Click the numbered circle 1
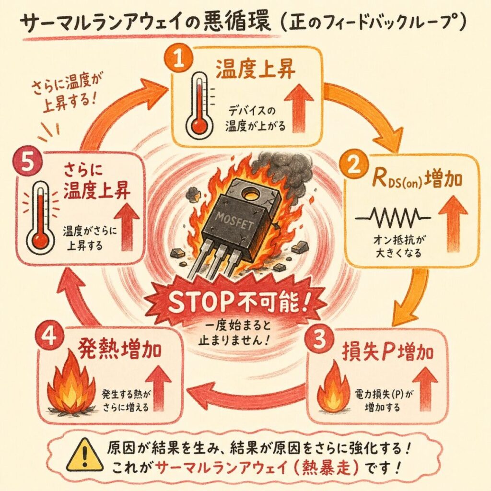point(179,59)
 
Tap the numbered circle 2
point(354,165)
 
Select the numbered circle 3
point(319,339)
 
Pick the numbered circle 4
point(50,338)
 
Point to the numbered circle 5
point(27,162)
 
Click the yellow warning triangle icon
point(84,456)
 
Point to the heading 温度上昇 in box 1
point(256,69)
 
